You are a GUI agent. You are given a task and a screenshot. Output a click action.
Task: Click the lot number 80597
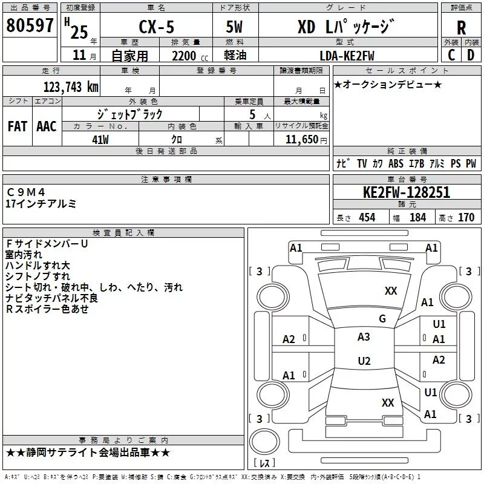tap(30, 25)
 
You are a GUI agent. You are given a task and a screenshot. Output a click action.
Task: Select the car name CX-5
tap(157, 27)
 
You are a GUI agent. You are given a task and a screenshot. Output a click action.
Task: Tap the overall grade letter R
tap(461, 28)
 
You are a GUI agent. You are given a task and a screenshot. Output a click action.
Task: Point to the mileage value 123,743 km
tap(71, 87)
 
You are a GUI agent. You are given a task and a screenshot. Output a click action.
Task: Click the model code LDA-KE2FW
tap(347, 56)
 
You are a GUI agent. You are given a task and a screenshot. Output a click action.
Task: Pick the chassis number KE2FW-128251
tap(407, 192)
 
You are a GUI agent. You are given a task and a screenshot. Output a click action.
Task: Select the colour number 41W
tap(100, 140)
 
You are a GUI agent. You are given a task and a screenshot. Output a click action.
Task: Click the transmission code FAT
tap(18, 126)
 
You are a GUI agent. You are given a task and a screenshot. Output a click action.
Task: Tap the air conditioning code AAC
tap(47, 126)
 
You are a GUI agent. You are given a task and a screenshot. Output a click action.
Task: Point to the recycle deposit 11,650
tap(301, 140)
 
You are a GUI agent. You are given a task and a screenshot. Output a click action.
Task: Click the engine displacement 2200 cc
tap(190, 56)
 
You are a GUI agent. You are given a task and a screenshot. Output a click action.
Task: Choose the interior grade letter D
tap(471, 55)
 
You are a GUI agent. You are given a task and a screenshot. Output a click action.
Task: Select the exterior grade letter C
tap(451, 55)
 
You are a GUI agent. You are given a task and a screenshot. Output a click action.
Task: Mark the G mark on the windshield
tap(382, 318)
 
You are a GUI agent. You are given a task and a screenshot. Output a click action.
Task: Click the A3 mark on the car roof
tap(364, 337)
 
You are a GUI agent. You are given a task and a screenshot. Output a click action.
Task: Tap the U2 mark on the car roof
tap(364, 361)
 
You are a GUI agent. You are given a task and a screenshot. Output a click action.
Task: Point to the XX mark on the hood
tap(391, 290)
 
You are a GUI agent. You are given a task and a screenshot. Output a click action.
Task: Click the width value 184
tap(417, 217)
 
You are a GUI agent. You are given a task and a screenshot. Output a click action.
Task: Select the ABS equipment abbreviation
tap(396, 163)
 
